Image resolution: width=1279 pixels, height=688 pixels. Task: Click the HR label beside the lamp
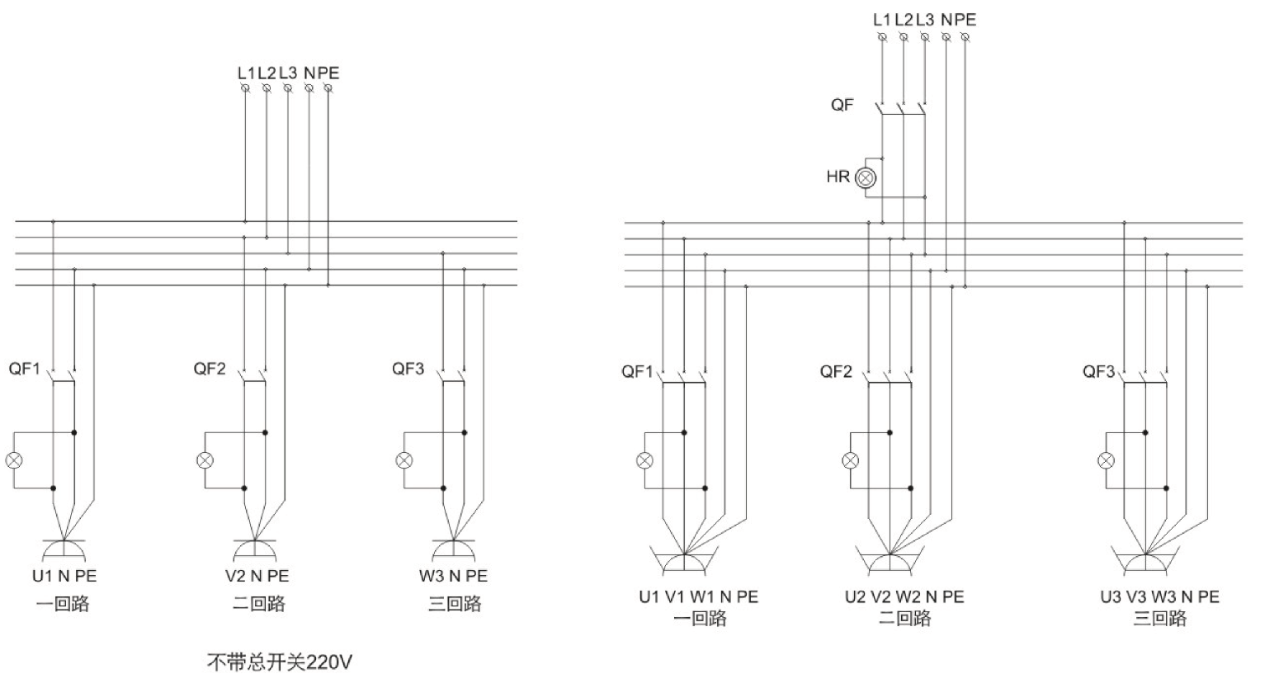coord(838,177)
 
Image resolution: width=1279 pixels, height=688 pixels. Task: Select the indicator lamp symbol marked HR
coord(865,177)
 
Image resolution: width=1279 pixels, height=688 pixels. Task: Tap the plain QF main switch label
coord(842,106)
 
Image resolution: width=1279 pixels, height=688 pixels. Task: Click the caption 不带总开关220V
coord(279,662)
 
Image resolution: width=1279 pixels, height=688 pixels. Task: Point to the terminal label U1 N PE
coord(64,576)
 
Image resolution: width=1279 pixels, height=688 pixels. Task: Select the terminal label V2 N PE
coord(257,576)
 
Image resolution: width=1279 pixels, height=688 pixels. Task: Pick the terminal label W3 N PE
coord(453,576)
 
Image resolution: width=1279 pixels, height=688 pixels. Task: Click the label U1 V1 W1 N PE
coord(698,596)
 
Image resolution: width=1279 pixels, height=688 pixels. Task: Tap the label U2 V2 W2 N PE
coord(904,596)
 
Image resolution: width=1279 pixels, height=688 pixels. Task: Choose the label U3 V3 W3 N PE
coord(1159,596)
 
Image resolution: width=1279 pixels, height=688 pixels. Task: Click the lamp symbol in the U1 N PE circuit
coord(13,460)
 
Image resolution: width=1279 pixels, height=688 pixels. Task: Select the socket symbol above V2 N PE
coord(255,548)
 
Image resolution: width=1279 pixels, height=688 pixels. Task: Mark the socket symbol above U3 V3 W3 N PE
coord(1146,561)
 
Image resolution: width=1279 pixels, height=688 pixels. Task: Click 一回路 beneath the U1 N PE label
coord(63,604)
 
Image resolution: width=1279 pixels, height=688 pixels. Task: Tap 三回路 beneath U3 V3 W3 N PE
coord(1159,618)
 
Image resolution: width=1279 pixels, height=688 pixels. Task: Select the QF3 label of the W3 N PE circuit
coord(408,369)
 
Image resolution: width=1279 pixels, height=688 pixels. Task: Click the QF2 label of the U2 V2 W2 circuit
coord(836,371)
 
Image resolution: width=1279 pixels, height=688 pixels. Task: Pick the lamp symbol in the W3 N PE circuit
coord(404,460)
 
